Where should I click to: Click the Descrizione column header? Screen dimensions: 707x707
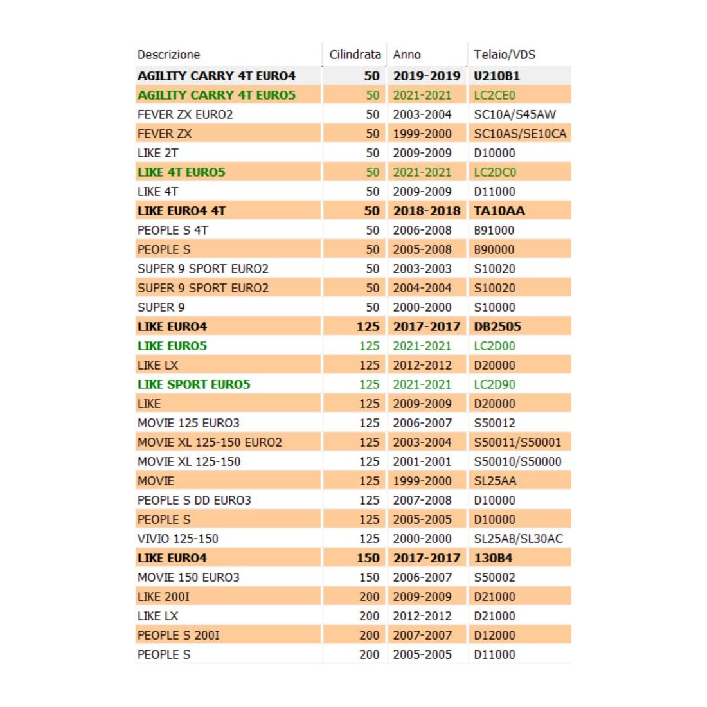point(168,55)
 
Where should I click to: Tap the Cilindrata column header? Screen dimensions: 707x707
point(355,55)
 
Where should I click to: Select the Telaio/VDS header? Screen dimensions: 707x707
point(505,55)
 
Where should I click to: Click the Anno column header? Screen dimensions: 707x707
point(407,55)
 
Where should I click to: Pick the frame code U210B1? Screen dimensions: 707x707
point(497,76)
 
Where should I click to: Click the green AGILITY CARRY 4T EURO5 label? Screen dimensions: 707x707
point(217,95)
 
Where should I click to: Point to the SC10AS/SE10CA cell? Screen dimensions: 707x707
point(520,134)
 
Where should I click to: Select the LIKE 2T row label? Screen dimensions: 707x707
point(157,153)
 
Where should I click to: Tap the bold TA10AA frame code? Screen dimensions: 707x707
point(499,211)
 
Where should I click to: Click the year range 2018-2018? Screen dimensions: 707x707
point(427,211)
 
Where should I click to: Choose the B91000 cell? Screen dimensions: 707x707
point(494,230)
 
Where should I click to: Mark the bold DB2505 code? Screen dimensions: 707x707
point(497,327)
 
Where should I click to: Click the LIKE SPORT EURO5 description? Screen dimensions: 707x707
point(193,384)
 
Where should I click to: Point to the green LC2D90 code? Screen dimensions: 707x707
point(494,384)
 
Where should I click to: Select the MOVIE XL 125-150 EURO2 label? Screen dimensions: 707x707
point(210,442)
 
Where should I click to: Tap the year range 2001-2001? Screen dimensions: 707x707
point(422,461)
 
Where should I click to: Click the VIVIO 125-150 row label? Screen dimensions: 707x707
point(177,539)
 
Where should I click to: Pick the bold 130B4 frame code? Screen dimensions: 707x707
point(493,558)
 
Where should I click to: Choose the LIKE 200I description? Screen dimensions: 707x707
point(163,596)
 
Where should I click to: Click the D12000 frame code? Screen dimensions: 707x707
point(494,635)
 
